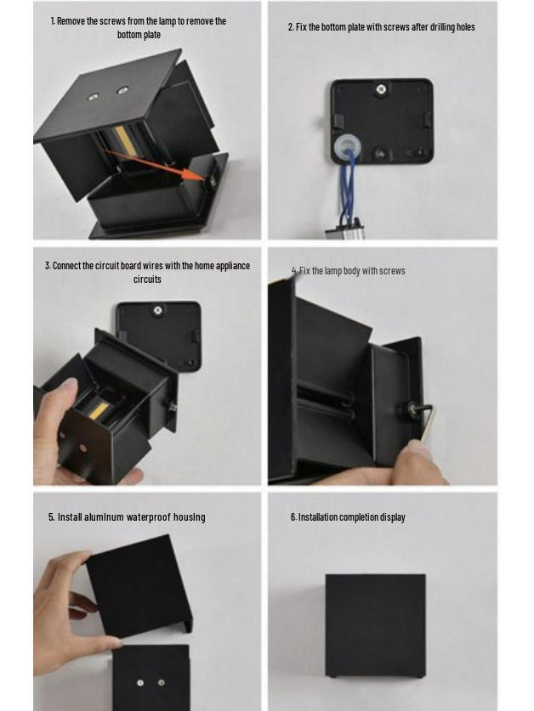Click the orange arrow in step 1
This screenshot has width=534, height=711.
pyautogui.click(x=156, y=165)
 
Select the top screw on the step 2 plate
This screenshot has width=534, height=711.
pyautogui.click(x=381, y=89)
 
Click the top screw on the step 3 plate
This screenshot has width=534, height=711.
pyautogui.click(x=157, y=310)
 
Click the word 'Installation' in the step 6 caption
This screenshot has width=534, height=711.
pyautogui.click(x=318, y=517)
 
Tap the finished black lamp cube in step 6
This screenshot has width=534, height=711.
pyautogui.click(x=376, y=626)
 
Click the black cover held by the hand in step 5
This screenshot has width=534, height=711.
pyautogui.click(x=139, y=585)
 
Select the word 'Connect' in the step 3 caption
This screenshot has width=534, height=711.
pyautogui.click(x=66, y=266)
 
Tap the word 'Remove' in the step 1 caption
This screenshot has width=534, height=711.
pyautogui.click(x=71, y=21)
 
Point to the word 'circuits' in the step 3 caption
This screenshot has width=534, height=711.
pyautogui.click(x=147, y=279)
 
